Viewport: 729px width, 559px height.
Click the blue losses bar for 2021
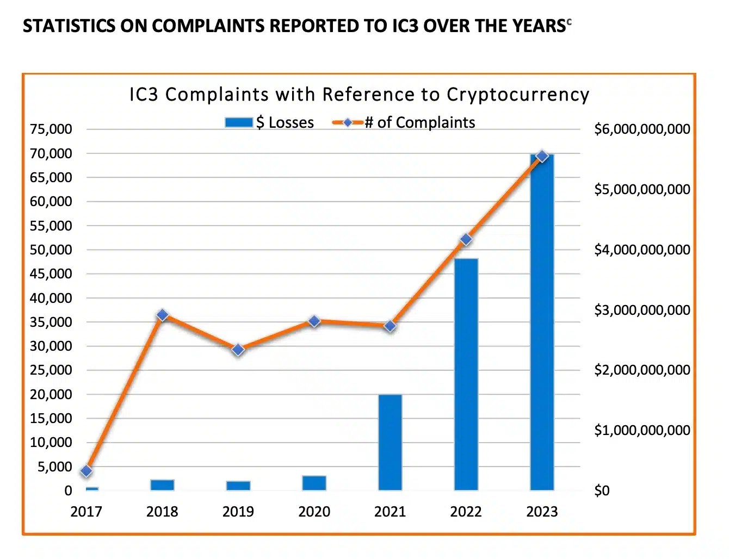click(390, 442)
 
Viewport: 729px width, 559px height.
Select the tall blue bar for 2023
click(542, 326)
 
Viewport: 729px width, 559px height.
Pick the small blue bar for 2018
click(162, 485)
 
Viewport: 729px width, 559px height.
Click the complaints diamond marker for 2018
click(162, 315)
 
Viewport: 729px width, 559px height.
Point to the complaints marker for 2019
click(238, 350)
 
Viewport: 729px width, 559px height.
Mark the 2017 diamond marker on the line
click(86, 471)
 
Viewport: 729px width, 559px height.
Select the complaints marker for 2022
click(466, 240)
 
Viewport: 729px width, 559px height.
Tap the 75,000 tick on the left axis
click(51, 129)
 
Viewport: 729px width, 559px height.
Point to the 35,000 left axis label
click(51, 322)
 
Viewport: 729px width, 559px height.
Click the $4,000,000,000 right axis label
click(642, 250)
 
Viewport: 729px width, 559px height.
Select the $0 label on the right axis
click(602, 490)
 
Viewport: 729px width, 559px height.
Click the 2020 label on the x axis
click(314, 512)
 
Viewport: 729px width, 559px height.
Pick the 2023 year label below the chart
click(542, 512)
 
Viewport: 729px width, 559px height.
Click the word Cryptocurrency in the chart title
click(517, 95)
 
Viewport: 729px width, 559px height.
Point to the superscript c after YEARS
click(569, 22)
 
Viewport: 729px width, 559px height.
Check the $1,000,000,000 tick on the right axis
click(642, 430)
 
